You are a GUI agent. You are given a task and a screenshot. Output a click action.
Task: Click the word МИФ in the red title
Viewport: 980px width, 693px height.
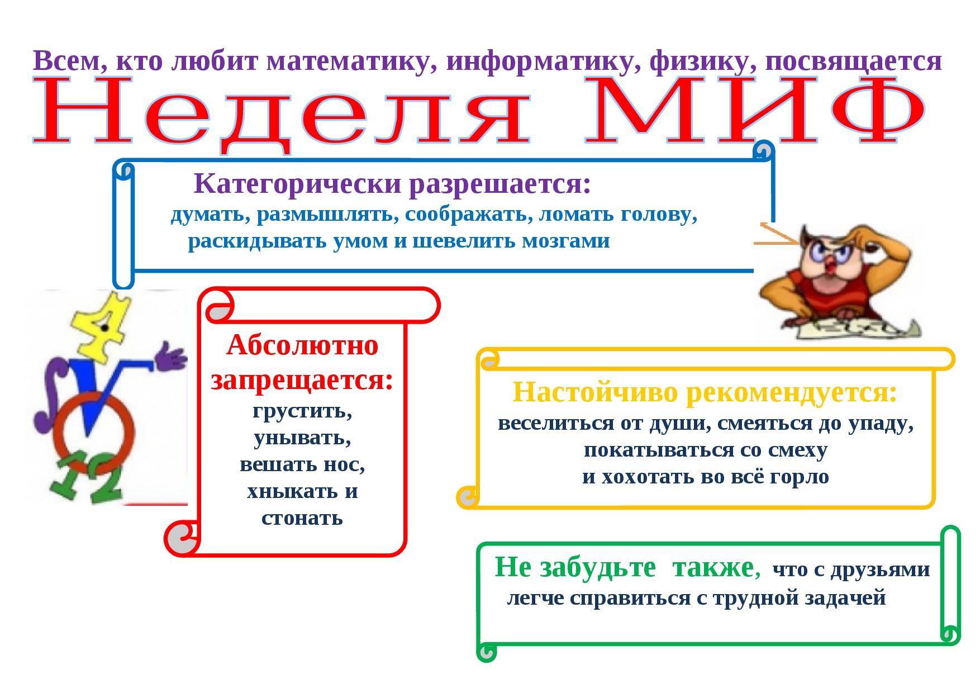754,111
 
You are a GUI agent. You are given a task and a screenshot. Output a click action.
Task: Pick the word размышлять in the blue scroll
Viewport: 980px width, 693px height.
327,215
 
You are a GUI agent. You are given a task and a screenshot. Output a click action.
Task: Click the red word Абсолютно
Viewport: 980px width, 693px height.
302,345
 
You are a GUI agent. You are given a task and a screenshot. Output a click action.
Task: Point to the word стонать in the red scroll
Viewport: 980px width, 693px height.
302,518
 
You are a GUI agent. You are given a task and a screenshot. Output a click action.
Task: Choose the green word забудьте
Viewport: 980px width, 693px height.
597,568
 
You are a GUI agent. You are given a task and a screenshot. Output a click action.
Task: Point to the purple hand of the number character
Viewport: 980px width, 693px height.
171,357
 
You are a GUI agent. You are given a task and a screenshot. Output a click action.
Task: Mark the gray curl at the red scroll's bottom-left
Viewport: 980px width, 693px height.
182,538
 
